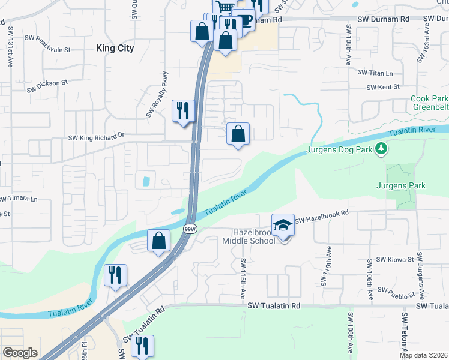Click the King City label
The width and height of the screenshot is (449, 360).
(115, 48)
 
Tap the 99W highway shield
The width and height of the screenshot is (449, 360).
(190, 229)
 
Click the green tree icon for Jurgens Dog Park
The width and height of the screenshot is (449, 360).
(380, 148)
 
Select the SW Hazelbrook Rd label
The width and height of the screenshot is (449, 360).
(322, 214)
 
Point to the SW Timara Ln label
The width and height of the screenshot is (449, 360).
(18, 199)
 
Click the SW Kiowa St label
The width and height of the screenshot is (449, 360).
(394, 260)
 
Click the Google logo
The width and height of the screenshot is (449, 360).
(20, 353)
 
